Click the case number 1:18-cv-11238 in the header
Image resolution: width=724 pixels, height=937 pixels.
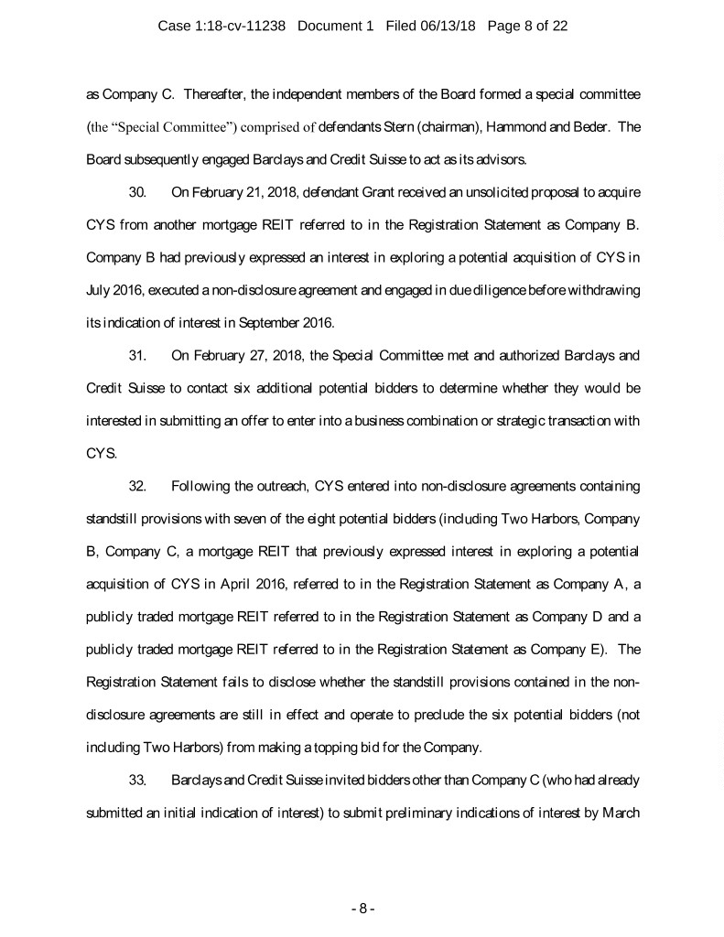(x=254, y=27)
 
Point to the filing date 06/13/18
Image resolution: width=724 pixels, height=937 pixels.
(x=448, y=27)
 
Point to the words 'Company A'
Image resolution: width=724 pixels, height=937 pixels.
(x=581, y=583)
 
